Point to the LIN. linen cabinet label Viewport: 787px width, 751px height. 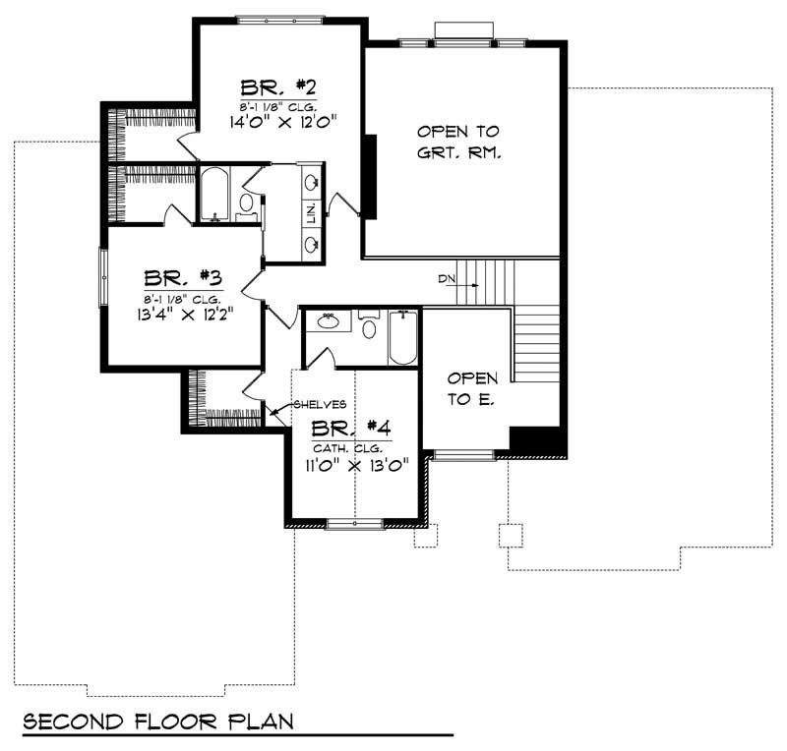[311, 214]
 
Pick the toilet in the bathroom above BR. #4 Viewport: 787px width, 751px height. [369, 325]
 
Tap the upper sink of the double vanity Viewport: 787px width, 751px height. [312, 182]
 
